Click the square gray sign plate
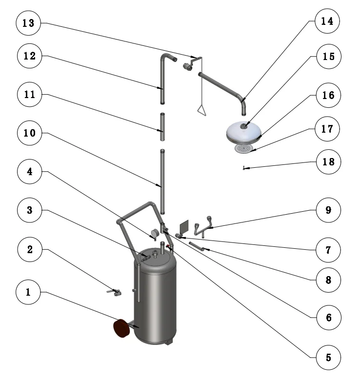click(184, 227)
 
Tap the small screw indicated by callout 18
click(243, 168)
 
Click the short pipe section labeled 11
click(162, 127)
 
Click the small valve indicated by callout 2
click(114, 292)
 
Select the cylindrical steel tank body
click(155, 302)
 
